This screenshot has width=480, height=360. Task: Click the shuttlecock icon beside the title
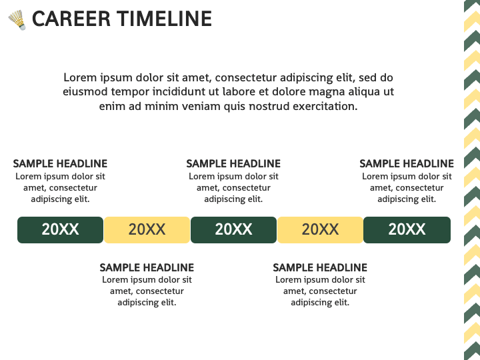pos(17,20)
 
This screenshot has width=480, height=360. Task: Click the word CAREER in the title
pos(71,19)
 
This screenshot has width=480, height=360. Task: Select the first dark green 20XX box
pos(60,230)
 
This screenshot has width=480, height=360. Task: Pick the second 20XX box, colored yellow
pos(147,230)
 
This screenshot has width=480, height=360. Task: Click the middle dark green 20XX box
pos(233,230)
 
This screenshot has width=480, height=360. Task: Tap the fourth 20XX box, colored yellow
pos(320,230)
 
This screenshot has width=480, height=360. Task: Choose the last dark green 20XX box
pos(407,230)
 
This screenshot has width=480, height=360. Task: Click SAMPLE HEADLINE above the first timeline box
pos(60,164)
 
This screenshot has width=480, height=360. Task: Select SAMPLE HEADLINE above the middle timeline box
pos(233,164)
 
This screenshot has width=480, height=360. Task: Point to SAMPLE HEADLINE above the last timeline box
pos(407,164)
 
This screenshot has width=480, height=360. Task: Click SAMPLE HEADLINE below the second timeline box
pos(147,267)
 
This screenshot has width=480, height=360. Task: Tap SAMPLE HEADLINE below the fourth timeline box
pos(320,267)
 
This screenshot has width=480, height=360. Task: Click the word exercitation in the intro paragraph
pos(325,106)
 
